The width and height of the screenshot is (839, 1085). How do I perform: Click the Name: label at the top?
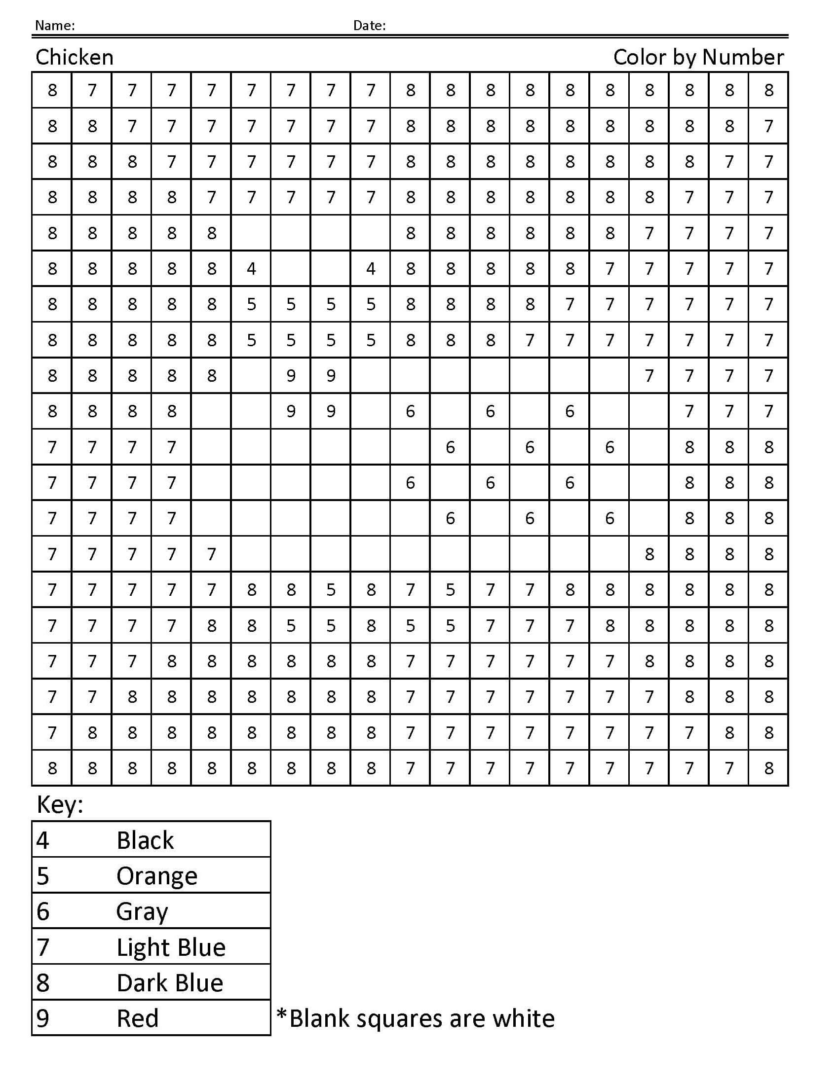(55, 25)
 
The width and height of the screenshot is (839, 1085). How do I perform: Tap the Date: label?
(369, 25)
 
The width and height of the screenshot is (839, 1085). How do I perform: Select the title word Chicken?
(75, 58)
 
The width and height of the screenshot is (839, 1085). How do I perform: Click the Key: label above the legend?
(60, 805)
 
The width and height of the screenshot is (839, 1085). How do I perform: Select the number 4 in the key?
(43, 840)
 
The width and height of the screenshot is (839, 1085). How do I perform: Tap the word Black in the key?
(145, 840)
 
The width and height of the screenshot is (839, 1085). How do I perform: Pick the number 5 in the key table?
(43, 876)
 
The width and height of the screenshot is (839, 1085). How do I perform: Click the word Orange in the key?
(156, 876)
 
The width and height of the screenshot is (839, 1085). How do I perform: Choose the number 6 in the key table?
(43, 911)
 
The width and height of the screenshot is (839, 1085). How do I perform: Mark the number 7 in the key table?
(43, 947)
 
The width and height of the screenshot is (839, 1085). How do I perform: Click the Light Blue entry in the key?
(171, 947)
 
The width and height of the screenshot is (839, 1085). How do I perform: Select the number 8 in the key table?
(43, 982)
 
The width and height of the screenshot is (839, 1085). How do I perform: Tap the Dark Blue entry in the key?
(170, 982)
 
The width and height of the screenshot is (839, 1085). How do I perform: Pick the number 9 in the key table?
(43, 1018)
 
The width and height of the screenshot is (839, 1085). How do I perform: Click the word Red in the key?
(137, 1018)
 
